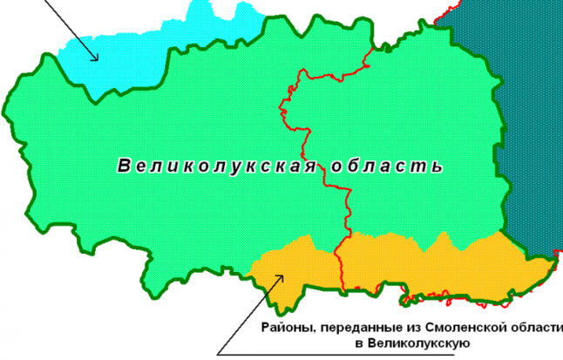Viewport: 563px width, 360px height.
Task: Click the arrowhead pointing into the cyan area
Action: coord(98,56)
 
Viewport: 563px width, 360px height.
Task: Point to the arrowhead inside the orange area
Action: coord(280,278)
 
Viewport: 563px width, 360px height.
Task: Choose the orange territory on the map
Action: coord(418,266)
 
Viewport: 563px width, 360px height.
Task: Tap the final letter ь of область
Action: coord(437,166)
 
